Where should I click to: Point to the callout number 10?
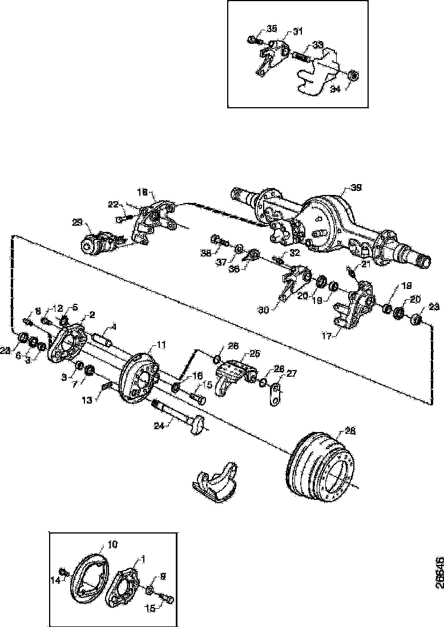[112, 545]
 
